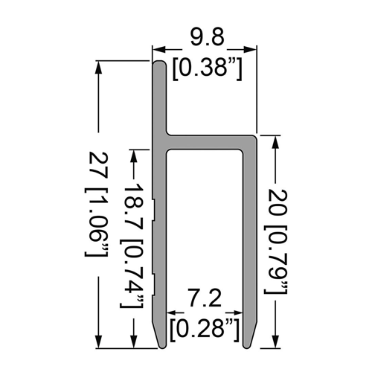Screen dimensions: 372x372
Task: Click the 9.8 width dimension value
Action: pos(208,37)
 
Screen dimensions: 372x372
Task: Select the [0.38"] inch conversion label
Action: pos(207,68)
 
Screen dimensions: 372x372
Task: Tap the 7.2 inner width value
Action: pos(205,298)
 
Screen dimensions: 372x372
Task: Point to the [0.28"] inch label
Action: pos(205,330)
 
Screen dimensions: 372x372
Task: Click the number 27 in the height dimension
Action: pos(98,165)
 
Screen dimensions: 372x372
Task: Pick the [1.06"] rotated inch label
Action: pos(97,222)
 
